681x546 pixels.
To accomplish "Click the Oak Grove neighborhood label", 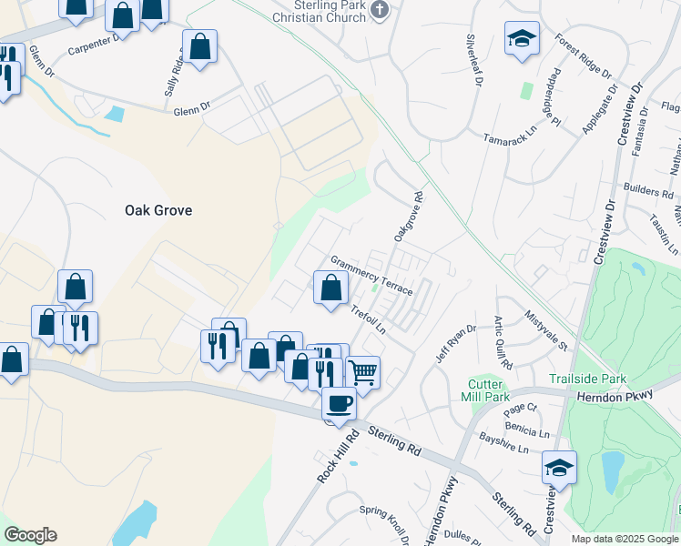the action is tap(158, 210).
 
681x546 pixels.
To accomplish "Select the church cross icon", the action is tap(381, 10).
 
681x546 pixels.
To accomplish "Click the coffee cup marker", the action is tap(340, 403).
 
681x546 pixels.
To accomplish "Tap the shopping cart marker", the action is tap(362, 371).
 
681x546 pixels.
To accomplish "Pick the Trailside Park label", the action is tap(588, 379).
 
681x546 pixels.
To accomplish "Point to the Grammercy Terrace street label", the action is tap(371, 275).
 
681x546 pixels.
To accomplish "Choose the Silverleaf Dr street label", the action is tap(473, 60).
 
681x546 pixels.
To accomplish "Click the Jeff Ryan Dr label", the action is tap(455, 344).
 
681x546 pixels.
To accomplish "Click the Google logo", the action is tap(30, 535).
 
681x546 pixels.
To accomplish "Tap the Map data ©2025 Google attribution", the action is tap(625, 539).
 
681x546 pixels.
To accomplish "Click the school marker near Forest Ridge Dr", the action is tap(523, 40).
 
